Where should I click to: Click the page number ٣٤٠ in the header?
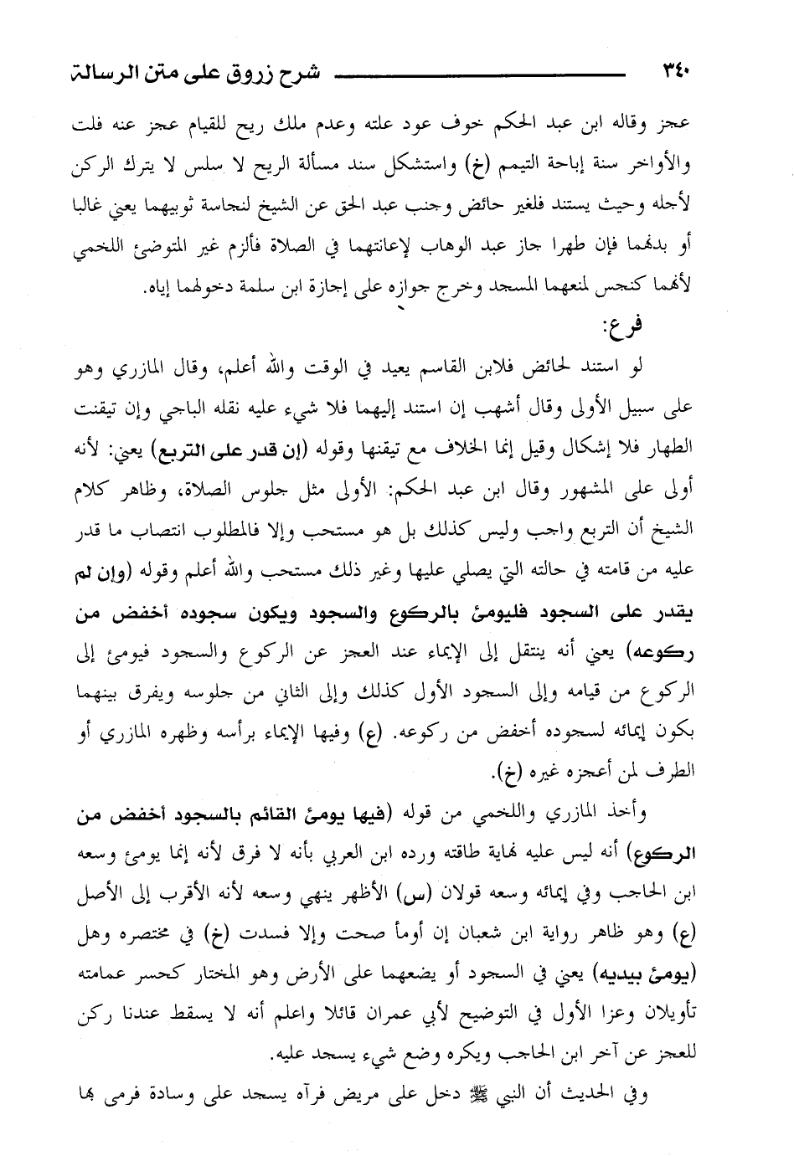pyautogui.click(x=675, y=69)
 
